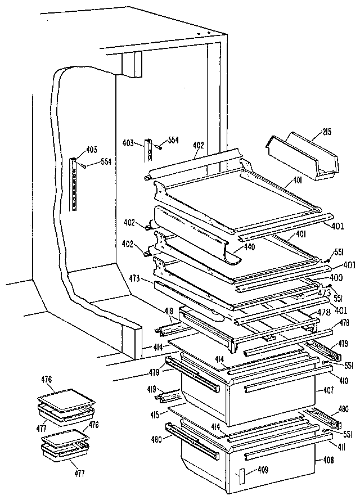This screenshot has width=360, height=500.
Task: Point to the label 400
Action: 336,277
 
